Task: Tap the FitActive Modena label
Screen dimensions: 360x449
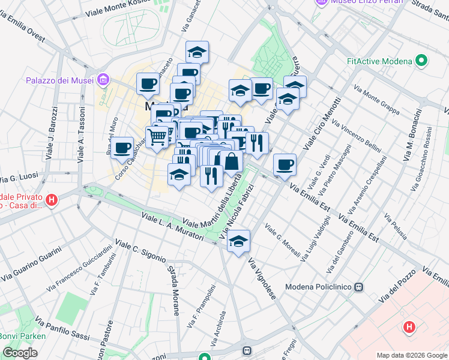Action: (x=379, y=61)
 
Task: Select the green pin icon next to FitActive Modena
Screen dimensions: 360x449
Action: (x=421, y=61)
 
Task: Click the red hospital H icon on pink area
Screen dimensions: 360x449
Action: (x=409, y=327)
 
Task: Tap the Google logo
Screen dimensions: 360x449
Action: (x=20, y=353)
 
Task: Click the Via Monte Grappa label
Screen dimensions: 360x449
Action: (x=376, y=100)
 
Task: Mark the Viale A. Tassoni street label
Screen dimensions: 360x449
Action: (x=80, y=140)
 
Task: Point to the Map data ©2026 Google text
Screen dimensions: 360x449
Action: (x=411, y=355)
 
